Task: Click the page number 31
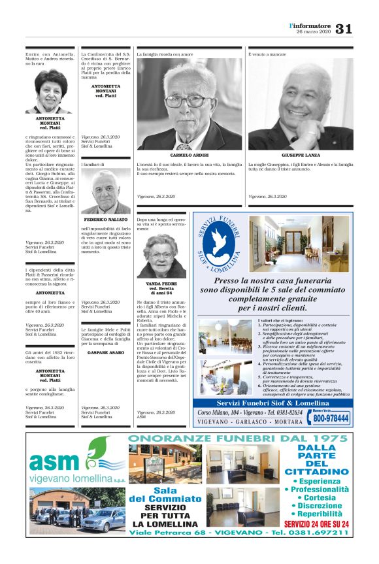coord(344,28)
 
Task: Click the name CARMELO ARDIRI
coord(189,155)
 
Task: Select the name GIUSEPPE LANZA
coord(301,155)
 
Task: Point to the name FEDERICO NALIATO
coord(105,220)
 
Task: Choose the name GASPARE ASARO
coord(105,352)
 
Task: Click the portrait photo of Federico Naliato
coord(105,192)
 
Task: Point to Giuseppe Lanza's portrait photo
coord(301,105)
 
